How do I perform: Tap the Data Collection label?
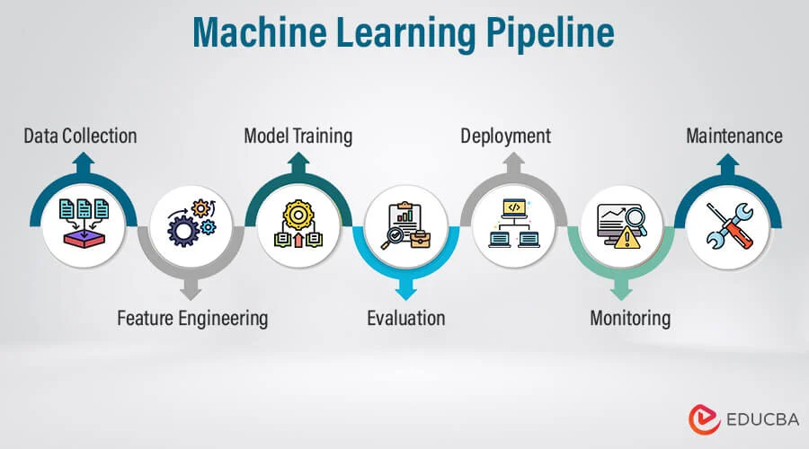point(80,136)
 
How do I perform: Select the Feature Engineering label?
point(192,318)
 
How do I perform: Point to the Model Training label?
point(298,136)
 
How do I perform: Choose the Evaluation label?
point(405,318)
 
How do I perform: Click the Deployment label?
point(505,136)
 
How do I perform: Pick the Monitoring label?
point(629,318)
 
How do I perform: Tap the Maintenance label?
point(733,136)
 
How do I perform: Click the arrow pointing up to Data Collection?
point(84,162)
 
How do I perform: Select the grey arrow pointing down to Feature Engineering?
point(190,290)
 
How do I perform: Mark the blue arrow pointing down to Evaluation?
point(406,290)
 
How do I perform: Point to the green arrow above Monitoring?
point(621,290)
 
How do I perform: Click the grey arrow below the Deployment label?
point(513,162)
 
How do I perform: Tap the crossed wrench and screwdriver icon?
point(728,225)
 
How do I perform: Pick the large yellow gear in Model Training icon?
point(297,215)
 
